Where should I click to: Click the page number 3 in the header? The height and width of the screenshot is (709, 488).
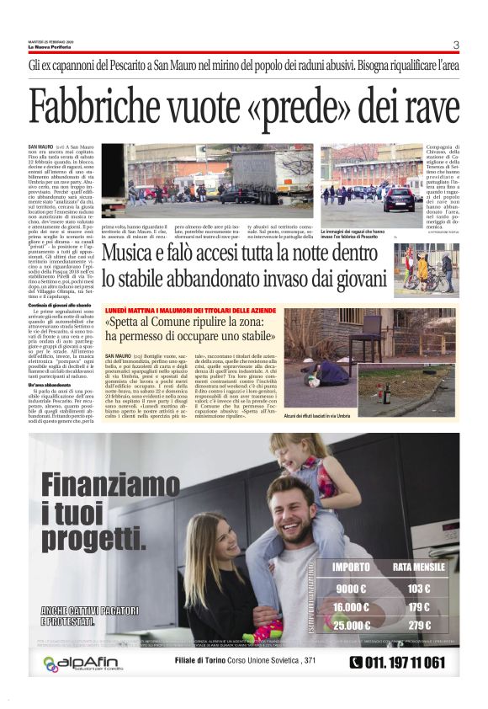pos(455,45)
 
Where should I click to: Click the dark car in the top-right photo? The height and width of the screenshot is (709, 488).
pos(401,199)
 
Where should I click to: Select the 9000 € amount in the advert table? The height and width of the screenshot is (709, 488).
pos(353,589)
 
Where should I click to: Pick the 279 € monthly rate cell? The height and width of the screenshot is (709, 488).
pos(418,625)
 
